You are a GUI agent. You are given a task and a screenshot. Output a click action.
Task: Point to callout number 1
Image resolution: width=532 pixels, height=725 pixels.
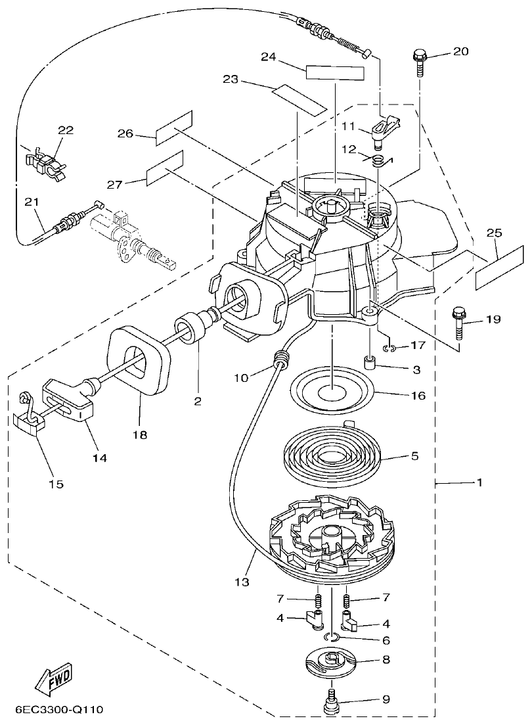pyautogui.click(x=479, y=483)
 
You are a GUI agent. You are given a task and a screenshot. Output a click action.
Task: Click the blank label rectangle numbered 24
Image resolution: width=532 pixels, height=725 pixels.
pyautogui.click(x=334, y=72)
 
